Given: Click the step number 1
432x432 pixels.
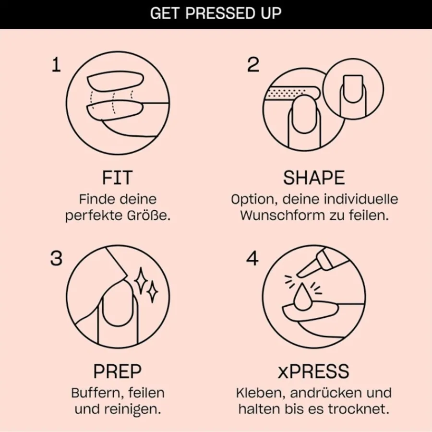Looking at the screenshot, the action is (56, 65).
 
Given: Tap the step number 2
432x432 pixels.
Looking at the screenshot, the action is (253, 65).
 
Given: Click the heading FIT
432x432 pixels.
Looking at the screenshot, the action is (118, 178).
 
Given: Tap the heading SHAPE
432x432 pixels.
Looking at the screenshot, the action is (314, 178).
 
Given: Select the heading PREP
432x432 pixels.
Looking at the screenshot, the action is (118, 372).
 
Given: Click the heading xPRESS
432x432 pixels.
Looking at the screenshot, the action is (313, 372).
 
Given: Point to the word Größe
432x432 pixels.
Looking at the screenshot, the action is (149, 216).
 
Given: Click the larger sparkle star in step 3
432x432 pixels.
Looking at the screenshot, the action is (141, 280).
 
